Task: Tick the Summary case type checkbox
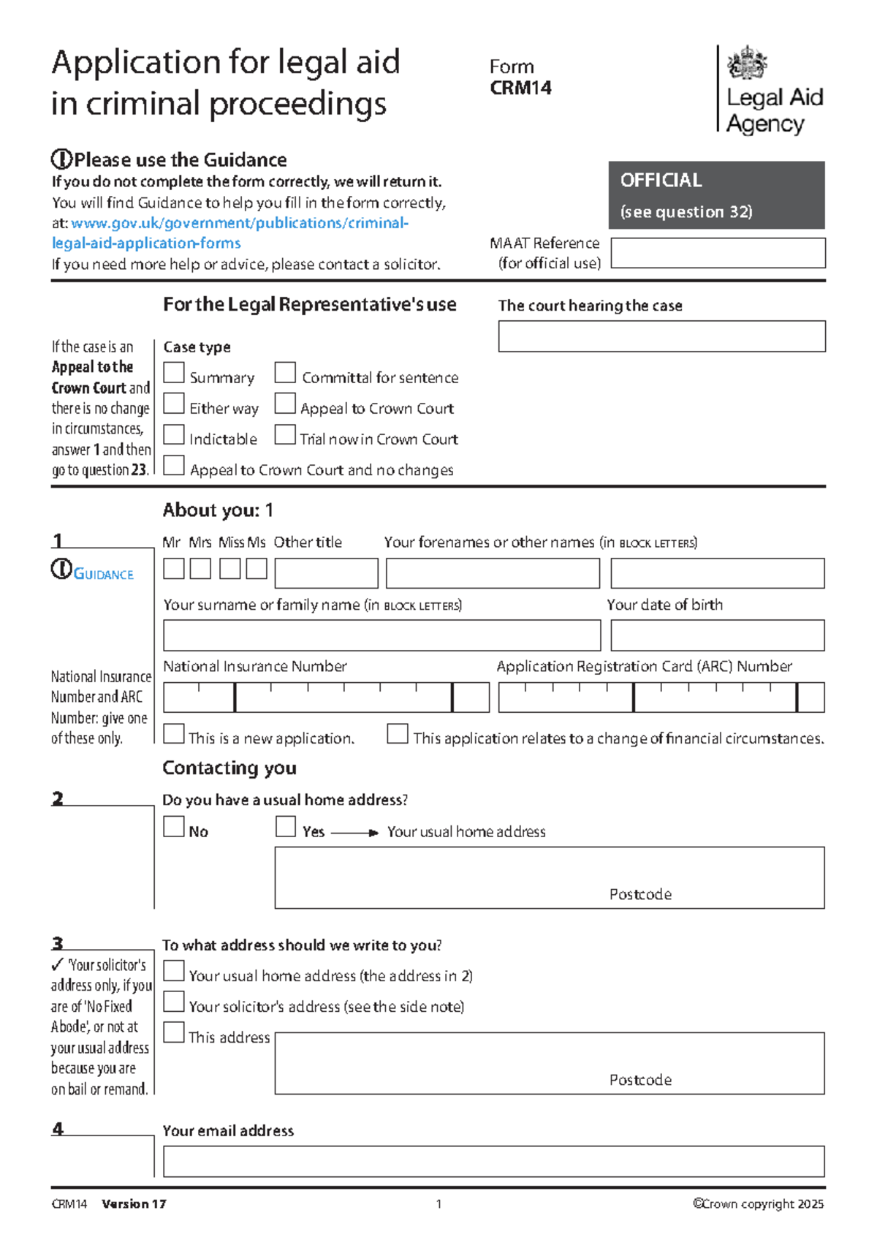(x=174, y=373)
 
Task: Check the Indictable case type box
(x=174, y=434)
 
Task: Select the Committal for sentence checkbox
(x=285, y=373)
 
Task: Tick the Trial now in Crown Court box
(x=285, y=434)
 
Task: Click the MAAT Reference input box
(x=718, y=253)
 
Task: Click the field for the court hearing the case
(x=661, y=336)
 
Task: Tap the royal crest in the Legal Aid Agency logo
(x=747, y=63)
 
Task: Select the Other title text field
(x=326, y=573)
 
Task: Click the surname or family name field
(x=381, y=635)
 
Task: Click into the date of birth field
(x=717, y=635)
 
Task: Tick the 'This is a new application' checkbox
(x=174, y=733)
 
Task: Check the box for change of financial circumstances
(x=398, y=733)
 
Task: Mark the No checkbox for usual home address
(x=174, y=826)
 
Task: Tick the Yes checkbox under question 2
(x=286, y=826)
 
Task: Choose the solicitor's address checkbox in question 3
(x=174, y=1001)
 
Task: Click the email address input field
(x=493, y=1161)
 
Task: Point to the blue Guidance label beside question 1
(x=103, y=575)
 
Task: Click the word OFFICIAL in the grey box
(x=661, y=180)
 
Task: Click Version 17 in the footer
(x=134, y=1204)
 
